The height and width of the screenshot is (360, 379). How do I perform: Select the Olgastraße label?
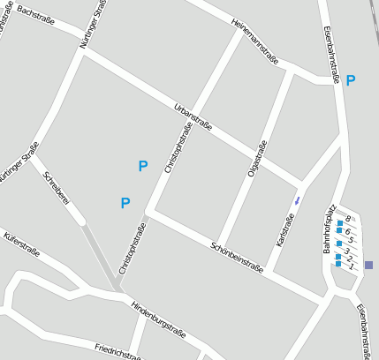pyautogui.click(x=256, y=160)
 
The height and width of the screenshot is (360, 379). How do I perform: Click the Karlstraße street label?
pyautogui.click(x=285, y=229)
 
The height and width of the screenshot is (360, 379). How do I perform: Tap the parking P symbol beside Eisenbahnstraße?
pyautogui.click(x=351, y=80)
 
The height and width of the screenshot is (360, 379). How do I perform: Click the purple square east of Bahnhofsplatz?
pyautogui.click(x=368, y=265)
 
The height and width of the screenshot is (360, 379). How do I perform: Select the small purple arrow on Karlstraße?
pyautogui.click(x=297, y=201)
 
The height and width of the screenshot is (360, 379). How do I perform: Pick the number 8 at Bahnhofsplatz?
pyautogui.click(x=348, y=219)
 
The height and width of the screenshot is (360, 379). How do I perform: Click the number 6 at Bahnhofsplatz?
pyautogui.click(x=348, y=230)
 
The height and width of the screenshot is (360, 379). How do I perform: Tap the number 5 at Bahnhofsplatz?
pyautogui.click(x=351, y=239)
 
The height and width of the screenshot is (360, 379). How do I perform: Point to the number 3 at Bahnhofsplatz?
pyautogui.click(x=346, y=251)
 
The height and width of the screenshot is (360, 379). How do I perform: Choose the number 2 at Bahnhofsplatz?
pyautogui.click(x=349, y=259)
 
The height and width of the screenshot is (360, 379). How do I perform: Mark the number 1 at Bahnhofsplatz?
pyautogui.click(x=351, y=266)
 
